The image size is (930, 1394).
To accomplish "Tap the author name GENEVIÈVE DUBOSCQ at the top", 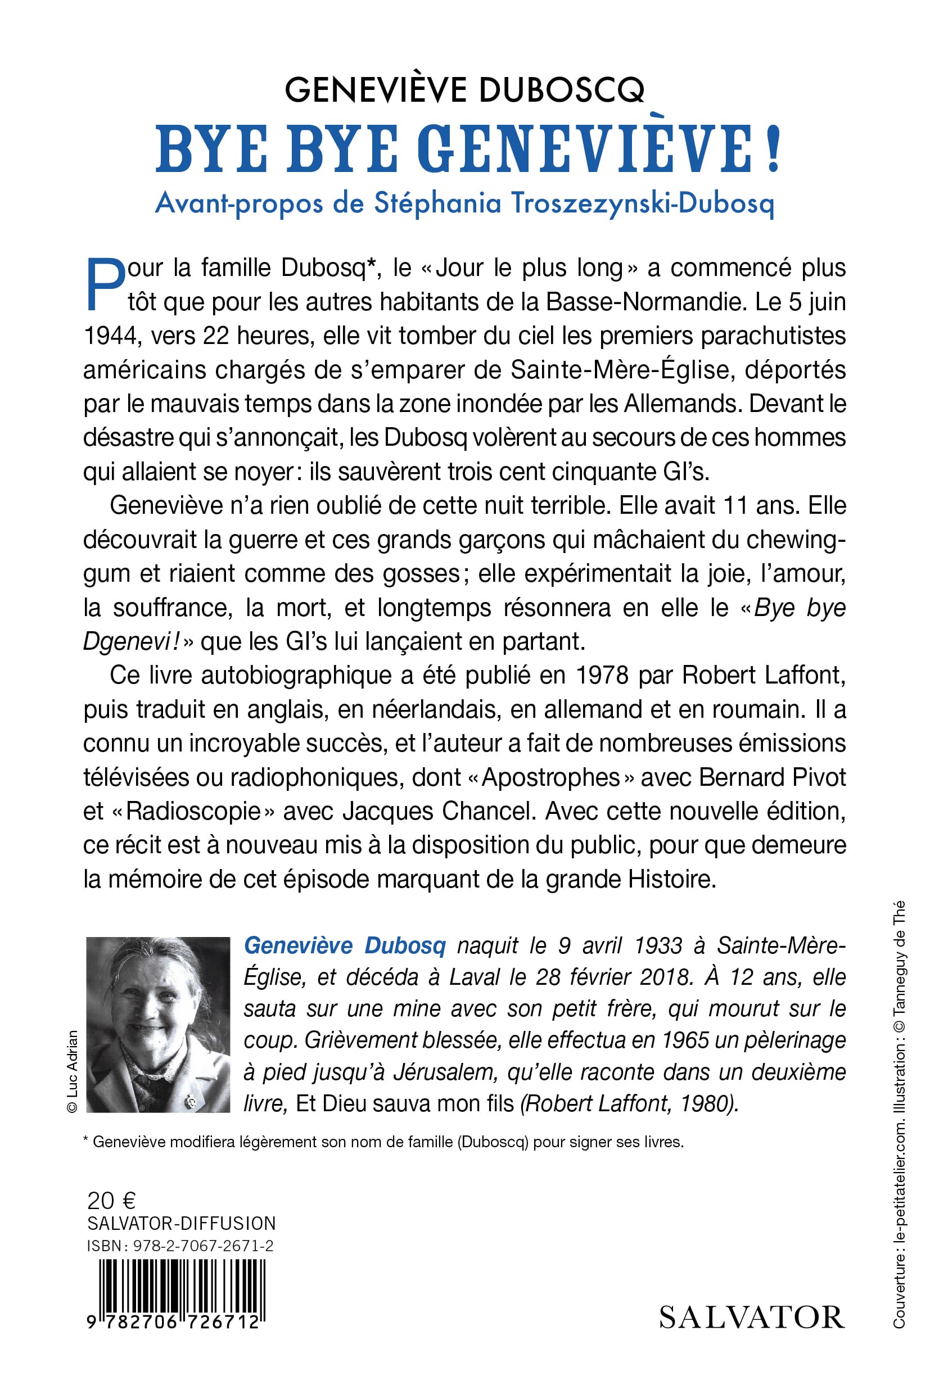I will (464, 90).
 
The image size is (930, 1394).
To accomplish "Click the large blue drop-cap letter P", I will (106, 285).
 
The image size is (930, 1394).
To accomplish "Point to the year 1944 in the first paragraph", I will (111, 336).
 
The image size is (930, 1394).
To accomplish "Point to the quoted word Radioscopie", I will (194, 811).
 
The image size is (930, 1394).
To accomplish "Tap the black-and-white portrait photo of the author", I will (158, 1024).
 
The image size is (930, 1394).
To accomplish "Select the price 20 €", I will (111, 1201).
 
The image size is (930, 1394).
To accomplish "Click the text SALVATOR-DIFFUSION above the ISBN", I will (182, 1223).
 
